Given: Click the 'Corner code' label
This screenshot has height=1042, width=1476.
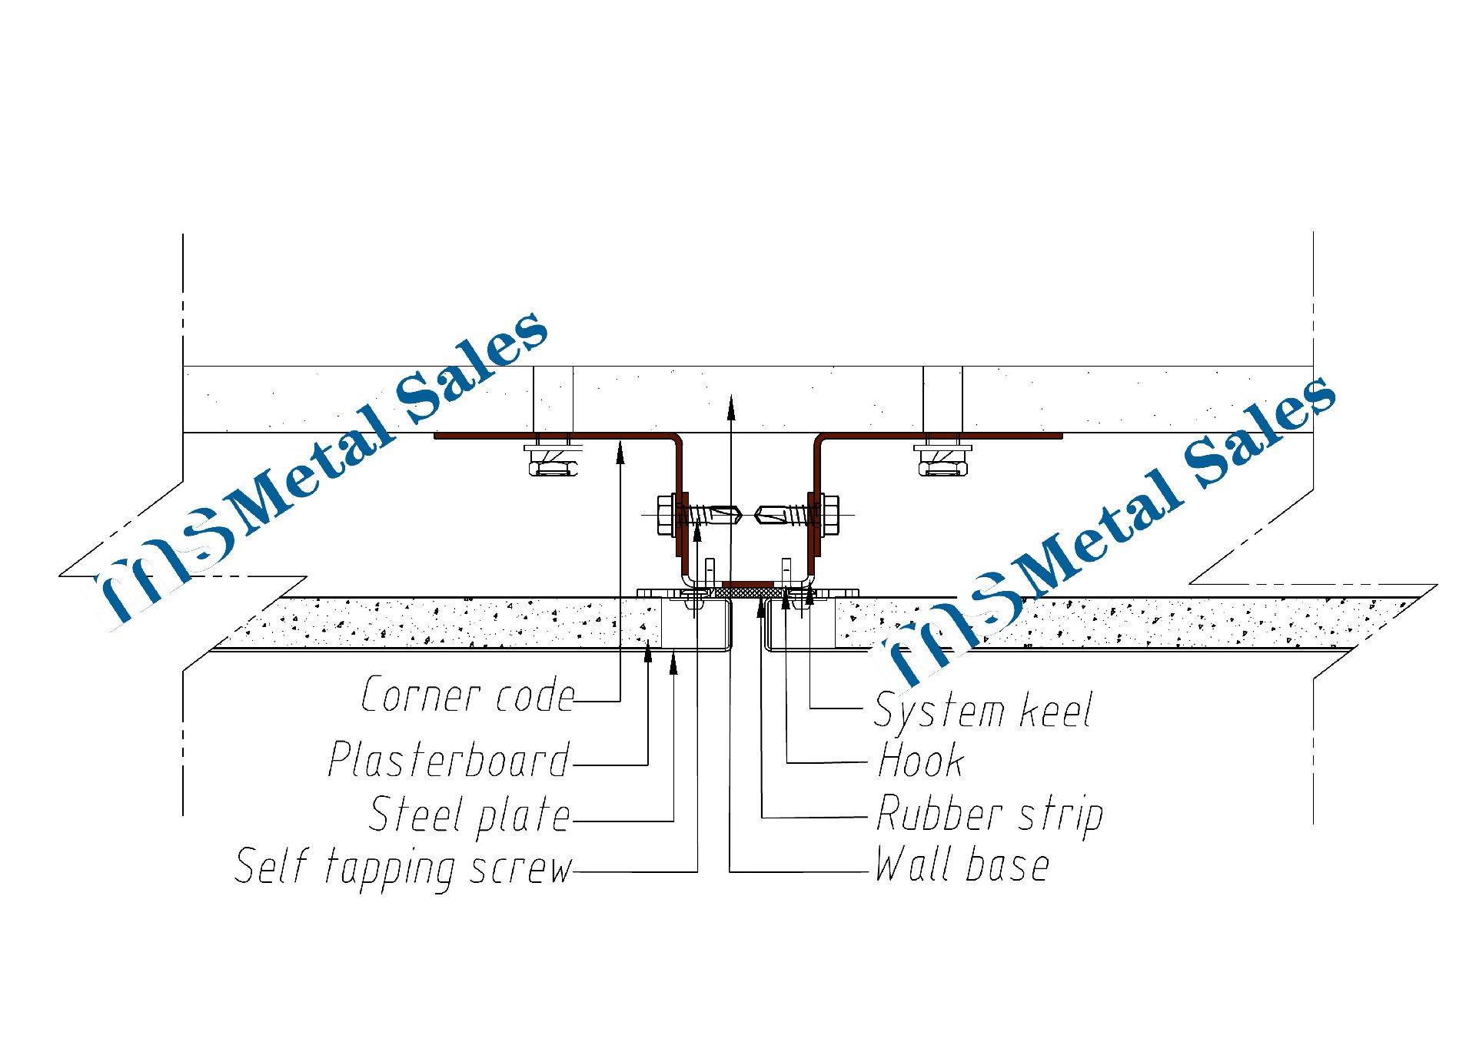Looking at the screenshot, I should (467, 695).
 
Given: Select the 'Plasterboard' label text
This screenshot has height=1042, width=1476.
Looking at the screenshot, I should (449, 760).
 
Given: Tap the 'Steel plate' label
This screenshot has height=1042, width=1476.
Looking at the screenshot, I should (470, 815).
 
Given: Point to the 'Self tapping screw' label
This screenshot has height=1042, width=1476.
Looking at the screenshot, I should (404, 868).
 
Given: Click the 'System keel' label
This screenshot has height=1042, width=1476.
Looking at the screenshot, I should (983, 711).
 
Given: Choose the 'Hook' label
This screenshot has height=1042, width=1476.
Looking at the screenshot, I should (921, 761).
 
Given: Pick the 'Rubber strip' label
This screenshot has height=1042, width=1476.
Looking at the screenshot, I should (990, 815).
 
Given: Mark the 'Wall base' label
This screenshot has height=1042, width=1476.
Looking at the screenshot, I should (962, 865).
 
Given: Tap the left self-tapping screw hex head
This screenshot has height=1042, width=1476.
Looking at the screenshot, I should (665, 515).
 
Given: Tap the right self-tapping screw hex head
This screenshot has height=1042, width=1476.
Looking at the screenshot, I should (830, 515).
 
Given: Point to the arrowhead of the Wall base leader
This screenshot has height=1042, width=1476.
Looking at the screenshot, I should (731, 407).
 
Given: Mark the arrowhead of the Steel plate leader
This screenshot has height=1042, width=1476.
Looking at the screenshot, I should (673, 662).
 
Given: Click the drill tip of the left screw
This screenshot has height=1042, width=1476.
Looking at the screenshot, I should (735, 514).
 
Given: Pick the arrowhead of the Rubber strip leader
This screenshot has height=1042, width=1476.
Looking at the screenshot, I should (761, 608).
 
